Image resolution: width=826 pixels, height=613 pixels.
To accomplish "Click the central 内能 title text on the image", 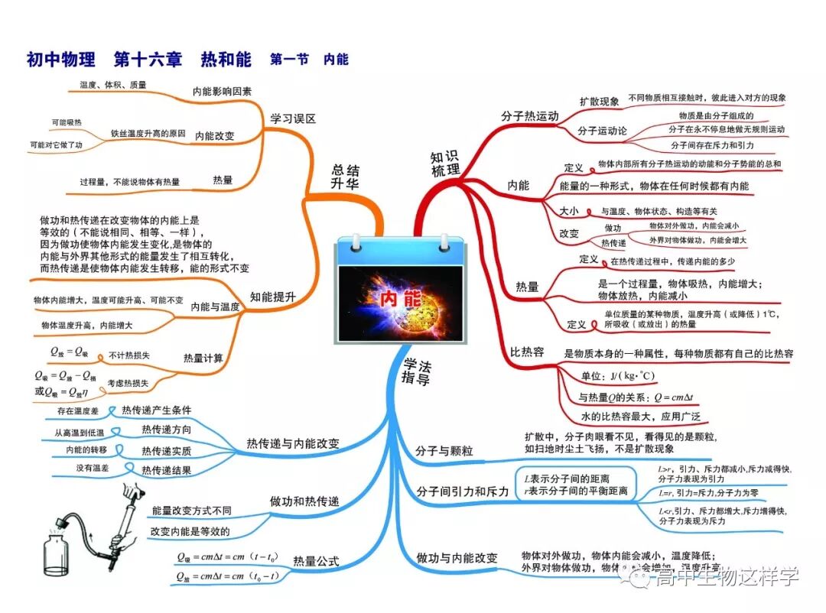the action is [x=401, y=299].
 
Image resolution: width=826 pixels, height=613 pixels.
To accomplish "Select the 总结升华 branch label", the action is [x=345, y=177].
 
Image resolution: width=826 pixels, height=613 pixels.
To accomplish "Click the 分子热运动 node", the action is [x=530, y=116].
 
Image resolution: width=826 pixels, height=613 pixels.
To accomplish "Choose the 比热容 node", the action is [x=527, y=352].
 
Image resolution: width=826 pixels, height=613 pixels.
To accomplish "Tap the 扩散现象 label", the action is [x=599, y=101].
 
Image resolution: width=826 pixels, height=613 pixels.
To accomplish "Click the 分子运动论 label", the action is [x=602, y=131].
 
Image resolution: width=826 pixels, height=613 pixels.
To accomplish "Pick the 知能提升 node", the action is [x=273, y=297].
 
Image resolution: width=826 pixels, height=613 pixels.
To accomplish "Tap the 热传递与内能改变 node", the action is [x=293, y=443].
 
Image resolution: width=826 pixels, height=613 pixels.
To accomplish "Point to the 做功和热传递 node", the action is [x=304, y=501].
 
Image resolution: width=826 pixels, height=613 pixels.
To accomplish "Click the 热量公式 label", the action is [x=316, y=563].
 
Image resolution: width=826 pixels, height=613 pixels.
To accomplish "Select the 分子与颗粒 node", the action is [x=444, y=451].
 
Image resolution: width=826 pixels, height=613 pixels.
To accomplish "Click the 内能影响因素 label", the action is [x=222, y=90].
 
